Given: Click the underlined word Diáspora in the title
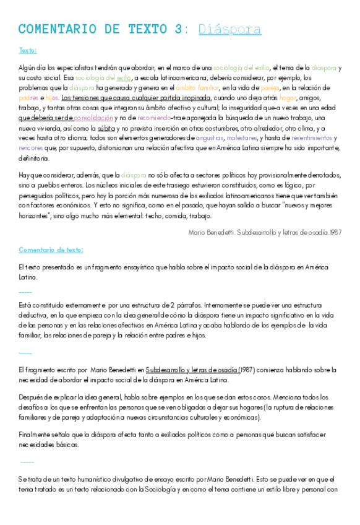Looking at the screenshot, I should [x=229, y=29].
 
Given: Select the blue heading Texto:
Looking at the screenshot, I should [x=27, y=50].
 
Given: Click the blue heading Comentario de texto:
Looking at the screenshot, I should [x=51, y=249].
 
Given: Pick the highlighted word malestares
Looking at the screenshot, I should [x=242, y=138].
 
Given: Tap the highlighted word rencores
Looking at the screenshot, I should [x=30, y=148].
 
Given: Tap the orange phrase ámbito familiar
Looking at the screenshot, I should [x=197, y=88].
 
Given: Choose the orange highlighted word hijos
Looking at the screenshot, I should [x=52, y=98].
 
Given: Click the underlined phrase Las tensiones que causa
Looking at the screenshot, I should [x=99, y=98].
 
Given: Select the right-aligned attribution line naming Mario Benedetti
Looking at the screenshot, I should [x=265, y=232].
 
